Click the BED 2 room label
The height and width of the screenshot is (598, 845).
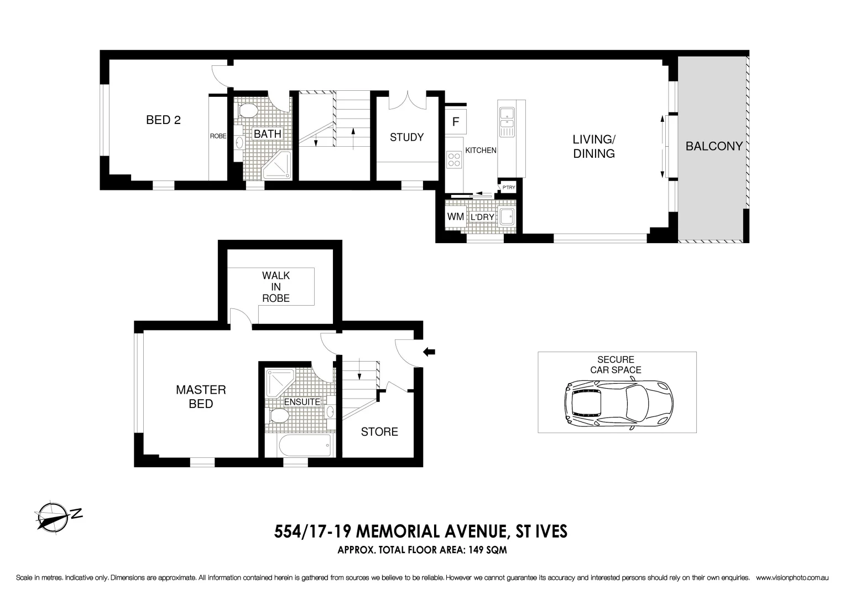[x=163, y=120]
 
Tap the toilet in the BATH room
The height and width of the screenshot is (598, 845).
[x=247, y=110]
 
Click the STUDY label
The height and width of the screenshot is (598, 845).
[x=406, y=137]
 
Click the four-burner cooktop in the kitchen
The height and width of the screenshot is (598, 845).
[x=455, y=159]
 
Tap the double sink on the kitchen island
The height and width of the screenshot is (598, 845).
[x=507, y=122]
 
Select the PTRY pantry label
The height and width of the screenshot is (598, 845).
[x=508, y=188]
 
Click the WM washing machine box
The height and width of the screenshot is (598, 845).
[x=456, y=216]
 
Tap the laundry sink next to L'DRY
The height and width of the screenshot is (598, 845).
[x=506, y=216]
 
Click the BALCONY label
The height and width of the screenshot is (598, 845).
[x=713, y=146]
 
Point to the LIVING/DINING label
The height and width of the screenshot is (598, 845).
[x=594, y=147]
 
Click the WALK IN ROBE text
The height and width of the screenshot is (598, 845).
[x=276, y=286]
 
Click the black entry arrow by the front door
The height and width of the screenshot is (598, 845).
[x=429, y=351]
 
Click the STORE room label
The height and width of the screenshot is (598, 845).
[x=379, y=432]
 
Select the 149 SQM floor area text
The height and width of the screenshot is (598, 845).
[x=487, y=550]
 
